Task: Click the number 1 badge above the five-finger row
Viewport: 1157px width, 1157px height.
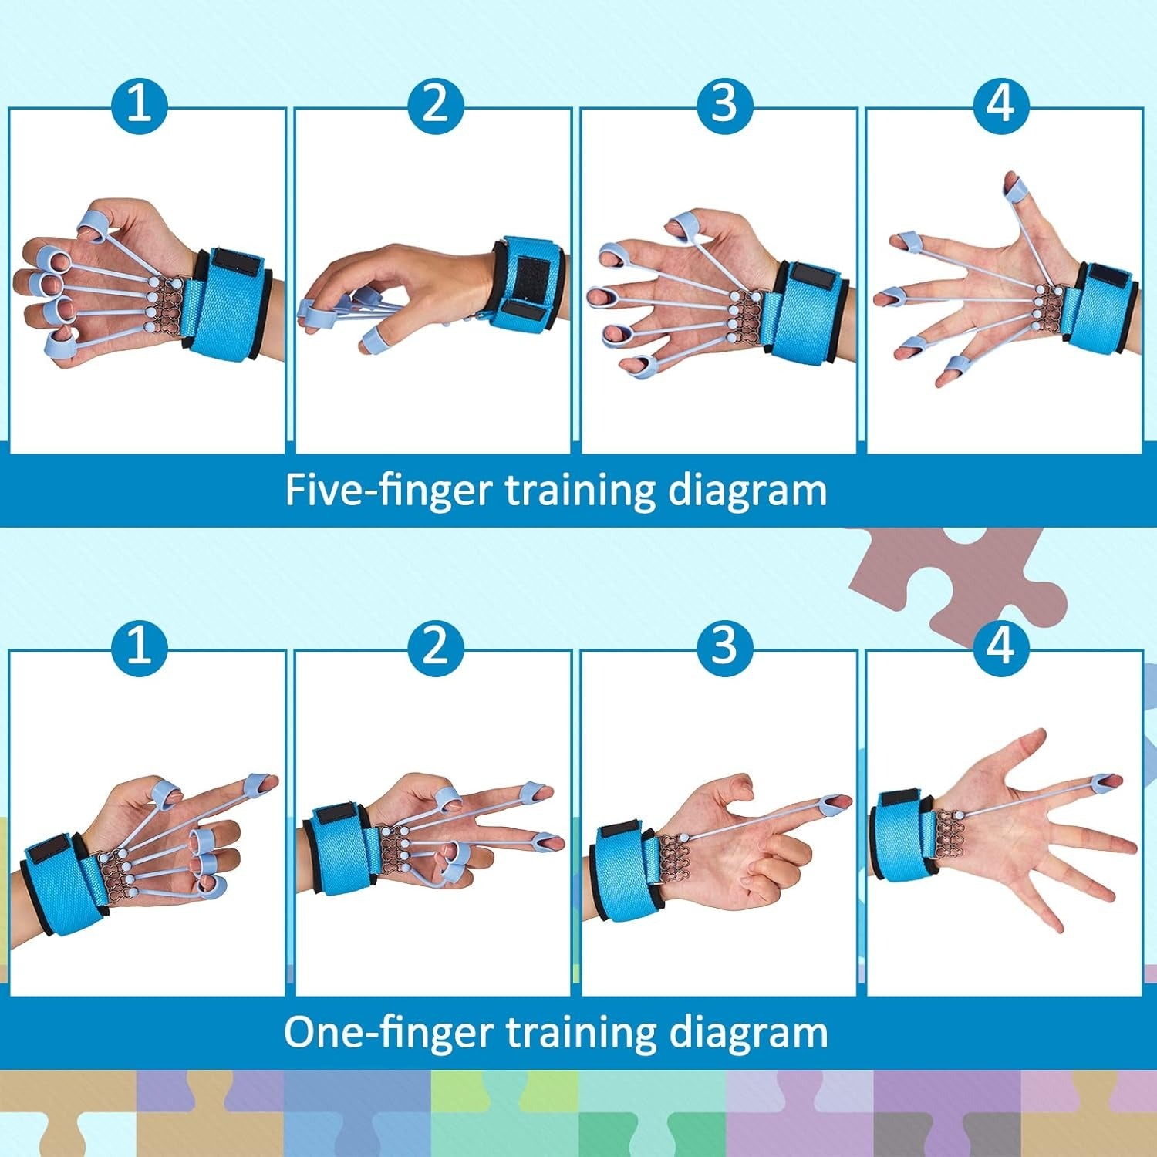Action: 139,103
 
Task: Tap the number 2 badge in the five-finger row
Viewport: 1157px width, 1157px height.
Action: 435,103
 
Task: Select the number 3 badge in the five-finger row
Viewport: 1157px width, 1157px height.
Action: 724,103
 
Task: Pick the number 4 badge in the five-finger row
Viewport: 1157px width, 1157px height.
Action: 1001,103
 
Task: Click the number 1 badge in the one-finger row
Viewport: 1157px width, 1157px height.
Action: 139,645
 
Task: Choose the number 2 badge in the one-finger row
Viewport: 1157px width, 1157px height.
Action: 435,645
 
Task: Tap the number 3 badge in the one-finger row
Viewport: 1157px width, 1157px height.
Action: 724,645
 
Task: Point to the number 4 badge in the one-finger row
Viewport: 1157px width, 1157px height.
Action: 1001,645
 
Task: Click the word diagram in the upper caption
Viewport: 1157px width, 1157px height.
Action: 747,491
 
